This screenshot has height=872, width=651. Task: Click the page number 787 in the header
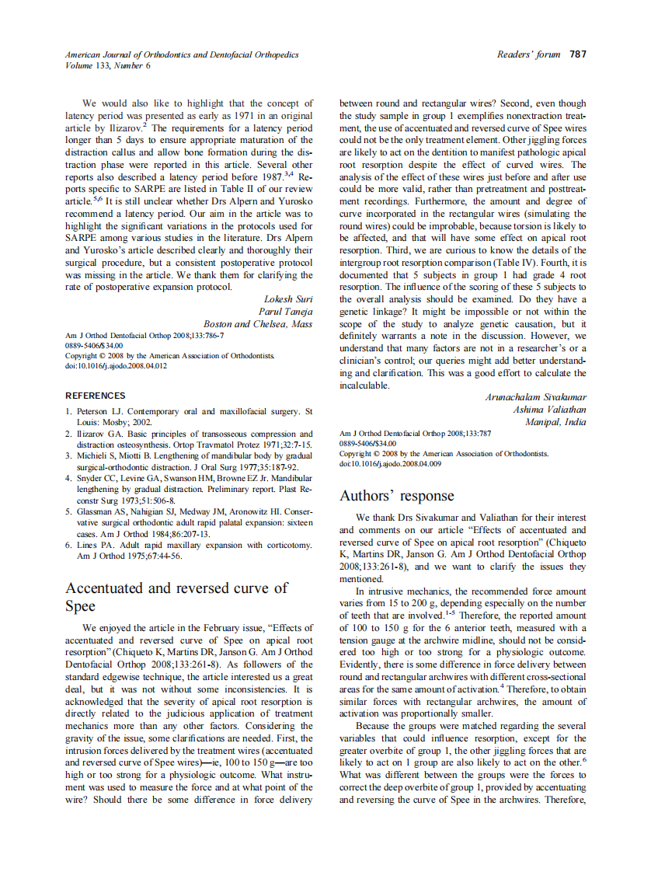pos(577,54)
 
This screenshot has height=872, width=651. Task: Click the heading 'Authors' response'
pos(396,496)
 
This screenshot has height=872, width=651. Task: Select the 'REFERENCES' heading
pos(95,396)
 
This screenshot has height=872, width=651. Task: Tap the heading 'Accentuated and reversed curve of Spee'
pos(176,597)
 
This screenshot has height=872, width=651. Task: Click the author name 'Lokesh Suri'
pos(288,298)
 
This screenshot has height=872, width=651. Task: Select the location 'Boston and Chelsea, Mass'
pos(258,323)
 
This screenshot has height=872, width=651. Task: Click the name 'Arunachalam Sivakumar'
pos(535,397)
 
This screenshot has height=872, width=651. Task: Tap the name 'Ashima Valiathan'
pos(549,410)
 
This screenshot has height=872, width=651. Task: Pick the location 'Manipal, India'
pos(555,422)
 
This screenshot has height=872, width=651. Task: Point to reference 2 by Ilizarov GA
pos(189,439)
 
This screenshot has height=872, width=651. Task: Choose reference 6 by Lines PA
pos(189,551)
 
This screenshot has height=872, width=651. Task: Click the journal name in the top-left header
pos(181,54)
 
